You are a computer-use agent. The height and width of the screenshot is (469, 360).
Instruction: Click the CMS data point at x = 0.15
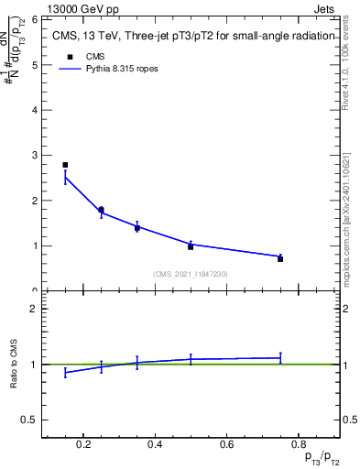click(x=65, y=165)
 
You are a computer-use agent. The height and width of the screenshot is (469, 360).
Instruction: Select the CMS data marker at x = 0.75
click(x=280, y=259)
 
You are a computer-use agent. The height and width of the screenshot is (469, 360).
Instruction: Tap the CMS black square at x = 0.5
click(x=191, y=246)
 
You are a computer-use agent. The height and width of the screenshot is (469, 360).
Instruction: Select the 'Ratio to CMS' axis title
click(x=14, y=365)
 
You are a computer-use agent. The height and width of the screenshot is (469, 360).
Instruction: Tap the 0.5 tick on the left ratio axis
click(x=28, y=420)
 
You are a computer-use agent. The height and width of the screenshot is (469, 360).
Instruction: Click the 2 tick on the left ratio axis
click(x=33, y=310)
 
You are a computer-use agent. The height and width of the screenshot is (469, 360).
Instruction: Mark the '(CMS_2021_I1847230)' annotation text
click(x=191, y=274)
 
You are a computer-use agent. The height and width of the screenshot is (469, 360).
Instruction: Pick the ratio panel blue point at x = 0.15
click(x=65, y=373)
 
